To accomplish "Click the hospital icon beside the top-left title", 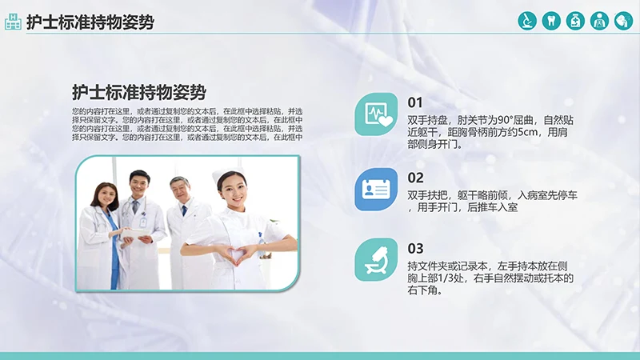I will [13, 22].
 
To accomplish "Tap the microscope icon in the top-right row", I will [526, 21].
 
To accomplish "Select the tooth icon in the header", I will [550, 21].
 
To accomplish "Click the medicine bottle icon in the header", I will [575, 21].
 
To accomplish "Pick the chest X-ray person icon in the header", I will [599, 21].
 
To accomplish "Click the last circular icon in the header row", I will [623, 21].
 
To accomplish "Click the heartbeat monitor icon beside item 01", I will [376, 114].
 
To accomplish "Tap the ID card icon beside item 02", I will [376, 189].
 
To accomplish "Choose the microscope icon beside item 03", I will [376, 259].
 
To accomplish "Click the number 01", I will [415, 102].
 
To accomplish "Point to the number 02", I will [415, 178].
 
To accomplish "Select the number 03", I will [415, 248].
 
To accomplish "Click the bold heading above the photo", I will [139, 91].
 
